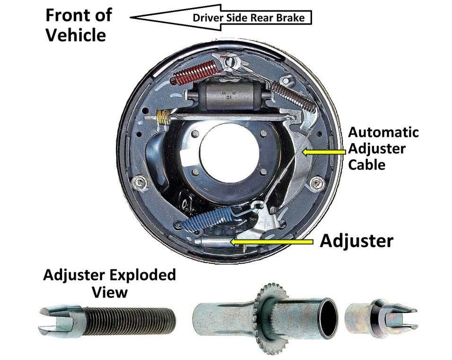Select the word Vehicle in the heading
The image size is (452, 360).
pos(76,35)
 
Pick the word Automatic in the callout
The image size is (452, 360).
pos(383,132)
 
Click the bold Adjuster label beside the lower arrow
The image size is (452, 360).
pos(356,241)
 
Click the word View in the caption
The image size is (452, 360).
pos(110,292)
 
